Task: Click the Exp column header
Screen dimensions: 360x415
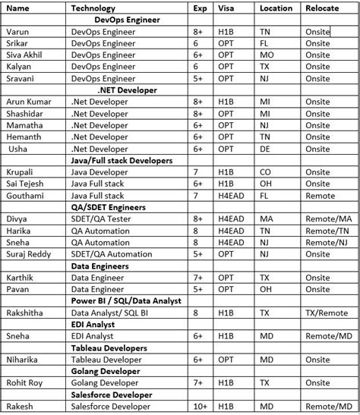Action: (200, 8)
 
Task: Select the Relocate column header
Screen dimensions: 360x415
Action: (322, 8)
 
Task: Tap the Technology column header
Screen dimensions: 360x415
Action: (93, 8)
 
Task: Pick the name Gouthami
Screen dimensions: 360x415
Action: (24, 196)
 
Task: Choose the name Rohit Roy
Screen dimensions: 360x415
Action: (24, 383)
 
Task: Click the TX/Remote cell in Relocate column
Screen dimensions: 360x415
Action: (325, 312)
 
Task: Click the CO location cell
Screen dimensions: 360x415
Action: (265, 172)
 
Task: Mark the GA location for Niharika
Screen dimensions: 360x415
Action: (265, 360)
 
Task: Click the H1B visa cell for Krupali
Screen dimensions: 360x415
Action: (226, 172)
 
